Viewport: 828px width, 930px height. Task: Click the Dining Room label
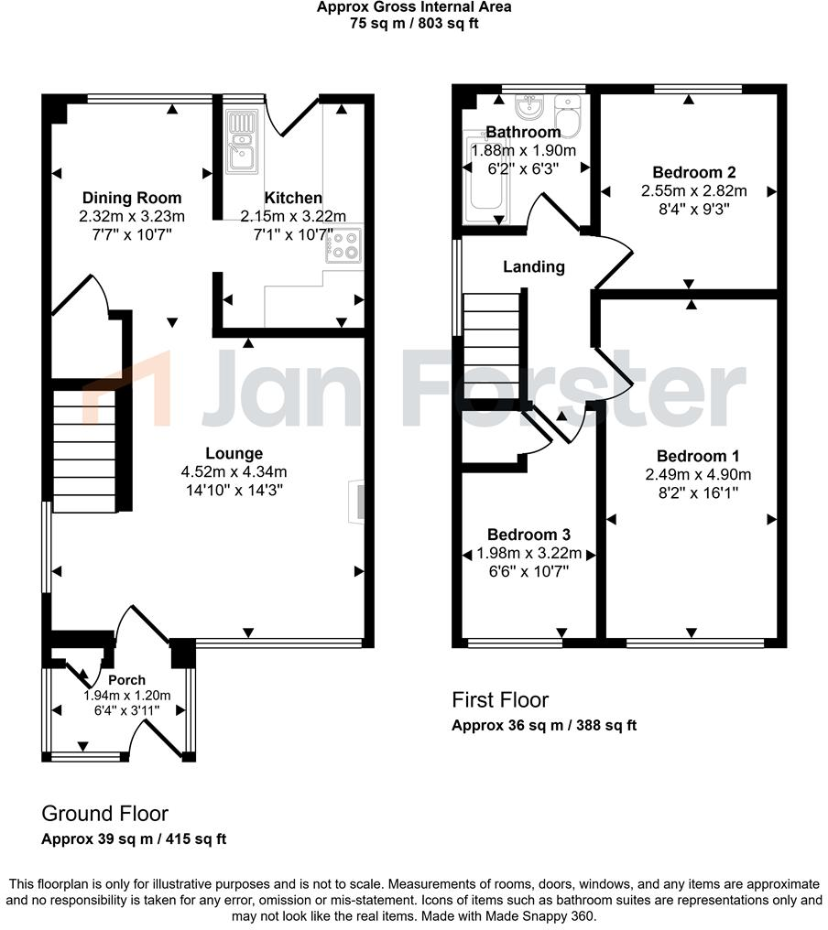132,198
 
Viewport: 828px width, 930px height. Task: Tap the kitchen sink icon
242,142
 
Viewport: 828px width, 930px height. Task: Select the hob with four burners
345,244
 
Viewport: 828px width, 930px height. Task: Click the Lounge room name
234,453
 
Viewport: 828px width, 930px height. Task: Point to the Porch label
126,680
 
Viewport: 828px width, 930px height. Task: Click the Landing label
534,267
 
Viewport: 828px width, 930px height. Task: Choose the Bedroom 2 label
694,172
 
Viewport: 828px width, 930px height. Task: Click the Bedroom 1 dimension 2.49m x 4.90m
697,474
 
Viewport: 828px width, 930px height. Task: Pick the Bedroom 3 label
528,535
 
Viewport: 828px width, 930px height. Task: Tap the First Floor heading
500,700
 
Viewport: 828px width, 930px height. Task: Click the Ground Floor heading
105,814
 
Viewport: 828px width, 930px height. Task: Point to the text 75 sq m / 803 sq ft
414,24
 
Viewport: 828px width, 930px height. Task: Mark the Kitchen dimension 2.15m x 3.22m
293,217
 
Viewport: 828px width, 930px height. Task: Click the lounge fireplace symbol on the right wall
355,502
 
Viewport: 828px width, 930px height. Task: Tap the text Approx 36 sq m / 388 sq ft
544,726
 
